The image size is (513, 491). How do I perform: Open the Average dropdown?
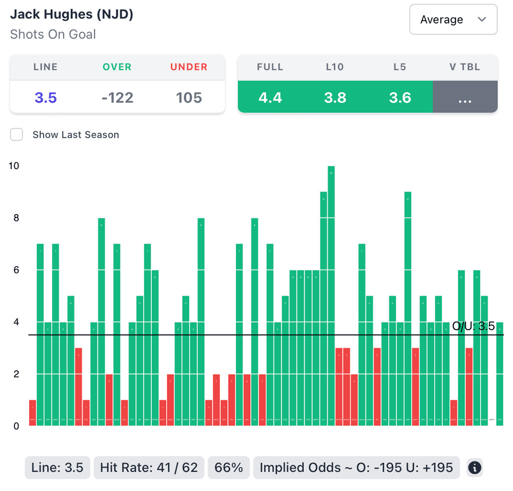pos(453,20)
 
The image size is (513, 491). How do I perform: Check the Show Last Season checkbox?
pos(17,135)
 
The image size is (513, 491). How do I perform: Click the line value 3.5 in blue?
pos(46,97)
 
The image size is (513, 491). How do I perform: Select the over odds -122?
pos(117,97)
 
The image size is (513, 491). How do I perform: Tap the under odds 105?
pos(189,97)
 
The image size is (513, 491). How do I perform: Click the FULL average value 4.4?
pos(270,97)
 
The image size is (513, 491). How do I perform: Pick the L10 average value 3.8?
pos(335,97)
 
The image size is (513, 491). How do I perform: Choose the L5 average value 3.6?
pos(400,97)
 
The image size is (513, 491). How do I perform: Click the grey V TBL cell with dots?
pos(465,97)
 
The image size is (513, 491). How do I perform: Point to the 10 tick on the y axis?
pos(14,166)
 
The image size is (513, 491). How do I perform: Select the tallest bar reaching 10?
pos(331,296)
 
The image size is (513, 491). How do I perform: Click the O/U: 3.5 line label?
pos(473,327)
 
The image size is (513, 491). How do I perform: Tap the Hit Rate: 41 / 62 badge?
pos(149,468)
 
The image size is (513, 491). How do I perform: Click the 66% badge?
pos(228,468)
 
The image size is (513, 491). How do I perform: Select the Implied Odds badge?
pos(356,468)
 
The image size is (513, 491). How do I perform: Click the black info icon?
pos(474,468)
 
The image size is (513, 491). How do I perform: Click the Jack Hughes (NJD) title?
pos(72,14)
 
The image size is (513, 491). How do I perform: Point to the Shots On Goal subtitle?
pos(53,35)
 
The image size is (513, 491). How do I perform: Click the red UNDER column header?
pos(189,67)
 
